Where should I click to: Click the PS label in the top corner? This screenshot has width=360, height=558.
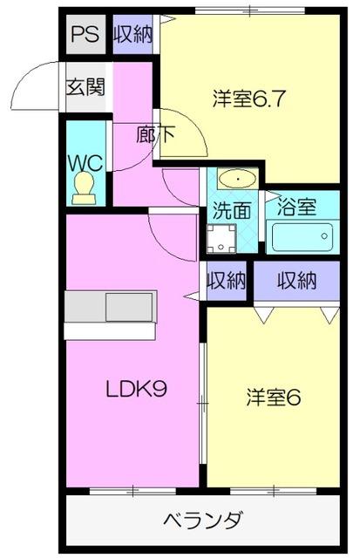click(84, 35)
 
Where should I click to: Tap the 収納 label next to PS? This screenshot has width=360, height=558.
click(133, 35)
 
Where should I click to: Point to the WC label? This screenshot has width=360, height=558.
click(85, 162)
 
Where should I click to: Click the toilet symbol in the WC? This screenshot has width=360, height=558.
click(85, 187)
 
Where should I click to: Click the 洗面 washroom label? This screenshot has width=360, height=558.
click(233, 211)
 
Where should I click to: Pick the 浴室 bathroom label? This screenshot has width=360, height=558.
click(296, 208)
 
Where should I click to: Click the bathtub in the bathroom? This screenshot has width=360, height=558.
click(302, 237)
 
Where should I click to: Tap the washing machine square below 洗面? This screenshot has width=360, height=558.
click(223, 238)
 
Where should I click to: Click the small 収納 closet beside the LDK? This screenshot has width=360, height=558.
click(227, 281)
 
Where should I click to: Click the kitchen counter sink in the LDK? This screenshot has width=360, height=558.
click(129, 308)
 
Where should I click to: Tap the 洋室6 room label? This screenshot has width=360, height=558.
click(272, 398)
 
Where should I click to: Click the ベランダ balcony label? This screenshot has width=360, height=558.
click(203, 521)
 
